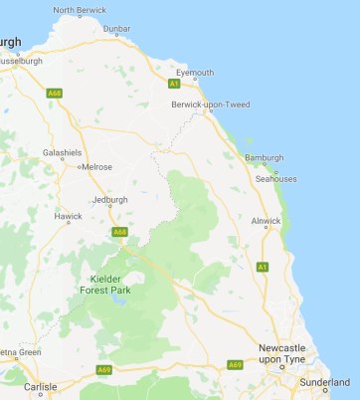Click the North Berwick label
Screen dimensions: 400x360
78,10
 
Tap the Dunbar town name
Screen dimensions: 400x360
117,29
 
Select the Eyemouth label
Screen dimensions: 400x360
194,73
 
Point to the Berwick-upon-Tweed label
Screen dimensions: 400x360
211,104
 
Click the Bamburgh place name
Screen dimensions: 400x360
264,157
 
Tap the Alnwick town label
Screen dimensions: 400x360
267,220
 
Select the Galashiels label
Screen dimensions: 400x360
61,152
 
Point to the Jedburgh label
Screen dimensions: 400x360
109,199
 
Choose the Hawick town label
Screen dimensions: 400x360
69,216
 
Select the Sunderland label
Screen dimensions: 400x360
326,381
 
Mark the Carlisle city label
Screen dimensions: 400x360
40,386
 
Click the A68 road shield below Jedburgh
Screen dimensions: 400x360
120,232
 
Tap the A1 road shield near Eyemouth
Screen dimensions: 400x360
173,84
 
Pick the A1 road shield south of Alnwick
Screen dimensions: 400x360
263,267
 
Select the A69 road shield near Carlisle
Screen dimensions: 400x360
104,370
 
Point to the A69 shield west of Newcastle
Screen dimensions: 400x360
236,363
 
